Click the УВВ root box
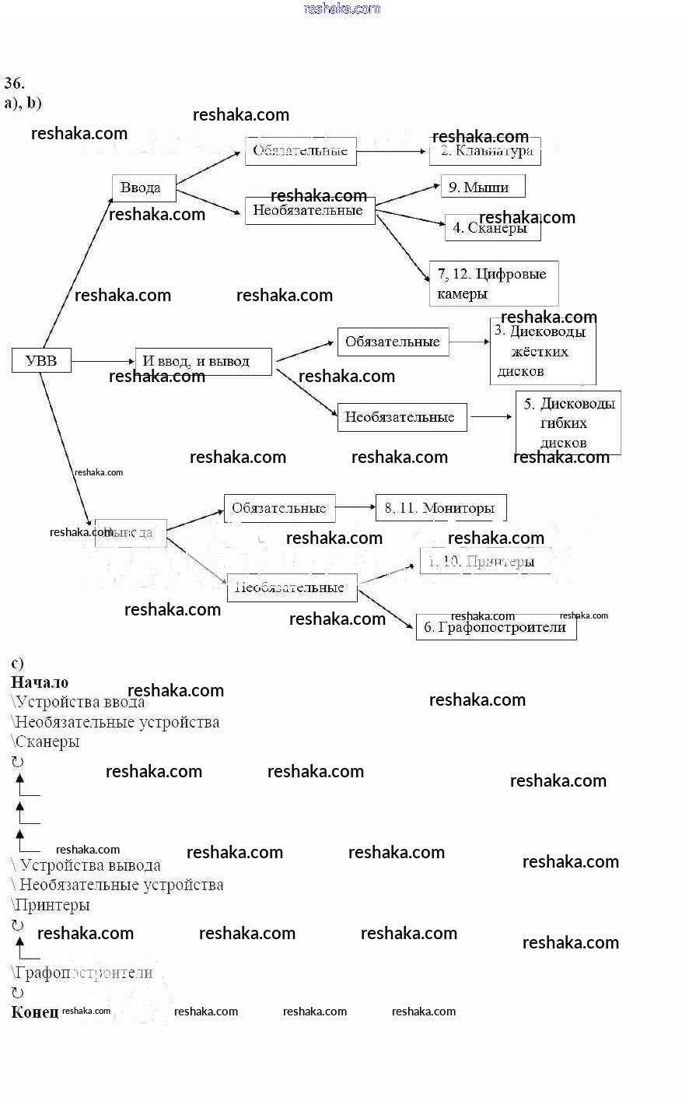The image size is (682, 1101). point(41,360)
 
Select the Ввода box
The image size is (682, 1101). point(144,188)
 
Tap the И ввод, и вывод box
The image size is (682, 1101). point(203,361)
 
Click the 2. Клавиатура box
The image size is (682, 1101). point(485,151)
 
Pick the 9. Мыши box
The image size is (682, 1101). point(482,187)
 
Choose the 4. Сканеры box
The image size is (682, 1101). point(492,228)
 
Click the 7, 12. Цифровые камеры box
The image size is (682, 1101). point(493,283)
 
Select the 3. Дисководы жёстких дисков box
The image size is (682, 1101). point(543,352)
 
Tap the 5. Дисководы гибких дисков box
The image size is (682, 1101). point(568,423)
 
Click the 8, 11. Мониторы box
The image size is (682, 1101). point(441,508)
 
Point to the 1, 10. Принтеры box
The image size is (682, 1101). point(485,561)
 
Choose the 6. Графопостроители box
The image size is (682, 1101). point(496,627)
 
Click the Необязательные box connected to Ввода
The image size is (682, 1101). point(310,211)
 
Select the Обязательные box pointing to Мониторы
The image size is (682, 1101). point(279,509)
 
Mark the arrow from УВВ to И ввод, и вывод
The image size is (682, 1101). point(103,361)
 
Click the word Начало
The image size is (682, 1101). point(40,682)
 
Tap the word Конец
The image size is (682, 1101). point(34,1012)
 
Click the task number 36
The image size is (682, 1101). point(14,83)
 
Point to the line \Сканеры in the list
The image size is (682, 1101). point(46,742)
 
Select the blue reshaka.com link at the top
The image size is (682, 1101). point(341,9)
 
